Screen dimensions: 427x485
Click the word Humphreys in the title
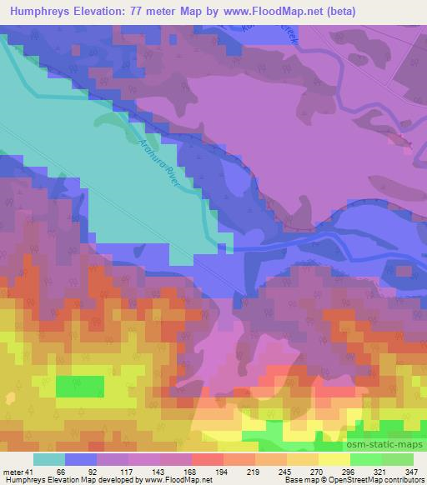[44, 10]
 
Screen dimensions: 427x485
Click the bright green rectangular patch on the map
[80, 387]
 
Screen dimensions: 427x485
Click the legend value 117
[113, 471]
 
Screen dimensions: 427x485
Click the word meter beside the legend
[12, 471]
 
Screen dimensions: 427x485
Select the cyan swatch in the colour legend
[49, 459]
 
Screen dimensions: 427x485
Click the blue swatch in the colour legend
[81, 459]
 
